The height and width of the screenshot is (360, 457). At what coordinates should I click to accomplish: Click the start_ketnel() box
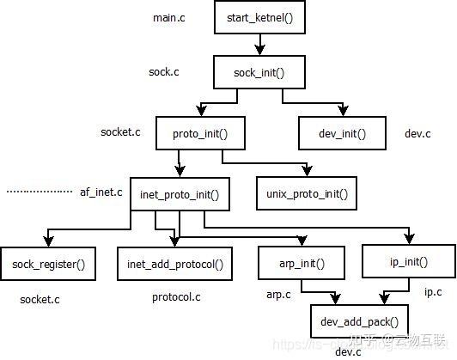[x=258, y=17]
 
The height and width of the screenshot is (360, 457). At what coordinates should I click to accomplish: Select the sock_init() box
[x=258, y=72]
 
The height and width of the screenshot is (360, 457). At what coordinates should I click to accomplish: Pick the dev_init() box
[x=343, y=132]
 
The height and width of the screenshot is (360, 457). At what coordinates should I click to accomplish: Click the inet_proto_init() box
[x=180, y=194]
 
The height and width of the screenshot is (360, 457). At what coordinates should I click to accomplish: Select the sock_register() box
[x=48, y=264]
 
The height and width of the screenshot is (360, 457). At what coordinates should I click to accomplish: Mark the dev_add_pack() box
[x=360, y=321]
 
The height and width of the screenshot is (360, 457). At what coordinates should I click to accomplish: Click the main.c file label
[x=169, y=17]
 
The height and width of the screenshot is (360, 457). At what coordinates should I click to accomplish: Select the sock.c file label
[x=166, y=72]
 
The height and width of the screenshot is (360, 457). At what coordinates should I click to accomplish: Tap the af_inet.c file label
[x=101, y=192]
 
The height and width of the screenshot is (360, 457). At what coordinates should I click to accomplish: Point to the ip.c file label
[x=433, y=292]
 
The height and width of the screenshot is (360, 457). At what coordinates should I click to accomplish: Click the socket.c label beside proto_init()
[x=121, y=132]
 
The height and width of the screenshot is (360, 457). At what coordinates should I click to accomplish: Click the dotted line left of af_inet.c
[x=40, y=192]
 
